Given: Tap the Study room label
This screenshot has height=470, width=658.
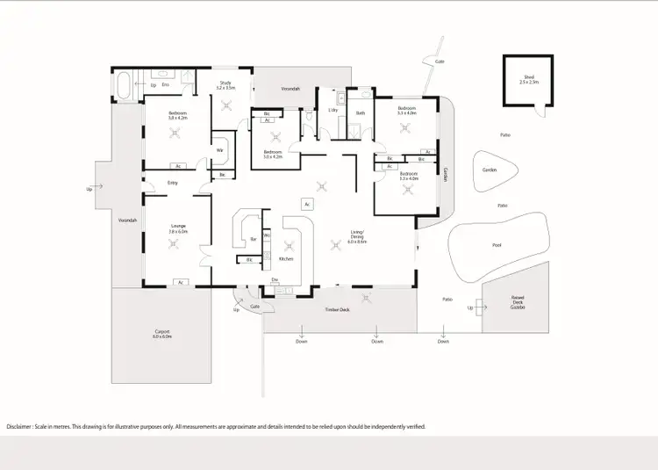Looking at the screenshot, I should click(x=225, y=85).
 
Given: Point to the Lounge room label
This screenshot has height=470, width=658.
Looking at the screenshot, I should click(x=179, y=228).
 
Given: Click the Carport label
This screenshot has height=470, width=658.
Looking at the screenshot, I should click(x=161, y=333).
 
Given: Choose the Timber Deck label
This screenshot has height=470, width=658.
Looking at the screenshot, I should click(x=337, y=310).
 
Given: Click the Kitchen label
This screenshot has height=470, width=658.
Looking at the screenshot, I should click(x=285, y=259).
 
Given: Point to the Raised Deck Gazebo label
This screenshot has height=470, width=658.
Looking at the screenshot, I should click(x=518, y=302).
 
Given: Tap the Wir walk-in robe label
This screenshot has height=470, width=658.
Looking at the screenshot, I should click(x=219, y=150).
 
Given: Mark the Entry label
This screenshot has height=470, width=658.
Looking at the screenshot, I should click(x=173, y=183).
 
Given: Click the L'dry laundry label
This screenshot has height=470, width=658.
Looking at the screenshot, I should click(x=333, y=110).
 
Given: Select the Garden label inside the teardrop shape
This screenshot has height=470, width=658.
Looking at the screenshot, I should click(x=490, y=170).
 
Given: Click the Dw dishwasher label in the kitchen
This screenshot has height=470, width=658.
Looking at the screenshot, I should click(x=275, y=280).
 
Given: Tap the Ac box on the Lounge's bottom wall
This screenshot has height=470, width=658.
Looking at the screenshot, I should click(x=180, y=282).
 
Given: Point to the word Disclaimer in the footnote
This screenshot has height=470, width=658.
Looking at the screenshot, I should click(x=24, y=426).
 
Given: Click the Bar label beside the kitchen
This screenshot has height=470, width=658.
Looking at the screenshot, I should click(x=253, y=238).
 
